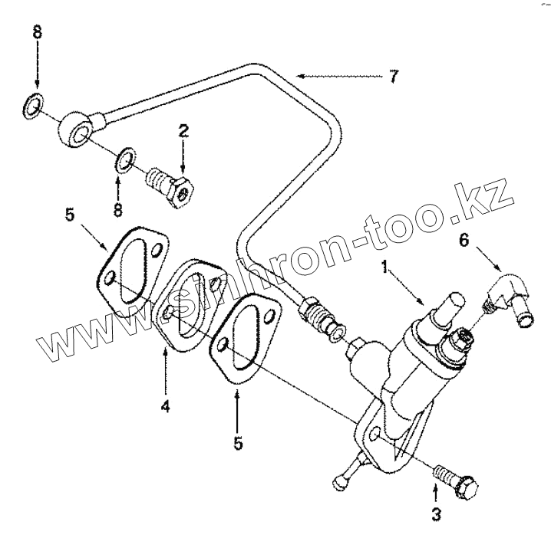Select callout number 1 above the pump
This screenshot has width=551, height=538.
386,267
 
